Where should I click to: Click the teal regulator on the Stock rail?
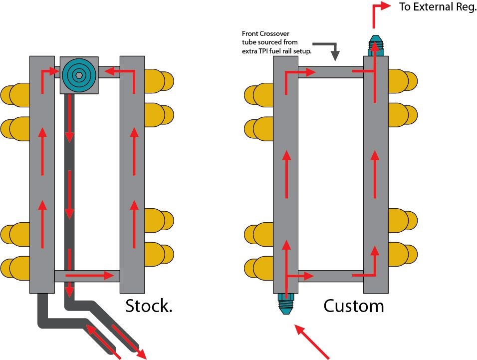(x=79, y=75)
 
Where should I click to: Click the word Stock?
(x=149, y=306)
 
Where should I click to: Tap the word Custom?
(x=354, y=306)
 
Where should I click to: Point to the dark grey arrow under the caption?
(x=331, y=49)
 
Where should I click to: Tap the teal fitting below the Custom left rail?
(x=286, y=303)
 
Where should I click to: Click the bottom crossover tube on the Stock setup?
(x=87, y=276)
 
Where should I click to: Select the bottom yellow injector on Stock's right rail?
(x=157, y=253)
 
